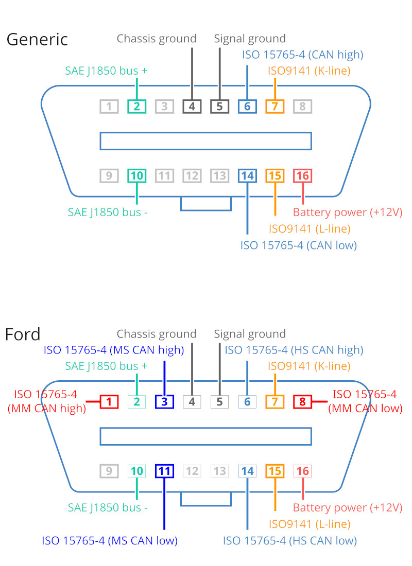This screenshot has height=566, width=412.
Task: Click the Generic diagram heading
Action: (37, 39)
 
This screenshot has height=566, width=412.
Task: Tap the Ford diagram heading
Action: (23, 334)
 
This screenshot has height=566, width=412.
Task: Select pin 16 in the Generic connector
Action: (302, 176)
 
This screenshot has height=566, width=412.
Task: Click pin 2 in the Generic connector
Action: (136, 107)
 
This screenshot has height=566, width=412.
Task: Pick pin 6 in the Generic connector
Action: (247, 107)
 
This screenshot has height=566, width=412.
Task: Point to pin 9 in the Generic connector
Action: (109, 176)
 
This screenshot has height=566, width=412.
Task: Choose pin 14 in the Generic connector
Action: (247, 176)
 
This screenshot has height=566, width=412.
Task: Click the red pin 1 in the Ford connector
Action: (109, 402)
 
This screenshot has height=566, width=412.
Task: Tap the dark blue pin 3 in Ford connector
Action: (164, 402)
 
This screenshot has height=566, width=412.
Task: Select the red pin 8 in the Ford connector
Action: (302, 402)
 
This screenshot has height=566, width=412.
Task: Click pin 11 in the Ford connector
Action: (164, 471)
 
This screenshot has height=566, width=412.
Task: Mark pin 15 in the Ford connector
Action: (275, 471)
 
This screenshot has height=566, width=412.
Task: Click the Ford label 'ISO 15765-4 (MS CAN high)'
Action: (114, 350)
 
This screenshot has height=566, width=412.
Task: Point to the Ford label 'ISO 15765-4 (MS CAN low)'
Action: (110, 541)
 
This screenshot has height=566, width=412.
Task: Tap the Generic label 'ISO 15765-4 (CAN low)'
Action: (299, 245)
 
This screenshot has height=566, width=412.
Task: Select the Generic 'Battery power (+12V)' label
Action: (348, 212)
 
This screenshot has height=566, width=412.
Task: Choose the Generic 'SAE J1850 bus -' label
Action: (108, 212)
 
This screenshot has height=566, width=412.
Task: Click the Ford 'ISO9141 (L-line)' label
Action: (310, 524)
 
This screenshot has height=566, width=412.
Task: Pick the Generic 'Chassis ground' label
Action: (157, 39)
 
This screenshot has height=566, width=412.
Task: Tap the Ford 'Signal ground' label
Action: (250, 334)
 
